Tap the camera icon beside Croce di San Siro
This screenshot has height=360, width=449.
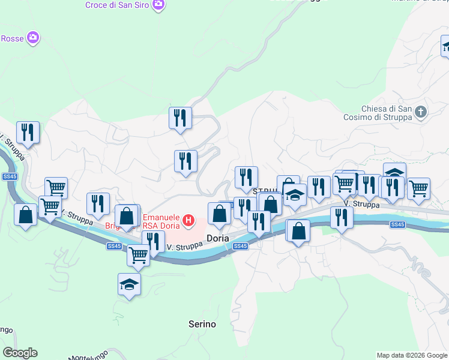pyautogui.click(x=159, y=5)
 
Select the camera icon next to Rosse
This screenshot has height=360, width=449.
pyautogui.click(x=33, y=38)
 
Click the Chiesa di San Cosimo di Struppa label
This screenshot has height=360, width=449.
pyautogui.click(x=387, y=113)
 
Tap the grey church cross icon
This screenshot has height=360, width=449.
pyautogui.click(x=421, y=112)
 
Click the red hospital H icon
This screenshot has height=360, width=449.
pyautogui.click(x=189, y=221)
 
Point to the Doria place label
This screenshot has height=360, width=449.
pyautogui.click(x=217, y=238)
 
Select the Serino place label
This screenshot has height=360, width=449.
pyautogui.click(x=202, y=324)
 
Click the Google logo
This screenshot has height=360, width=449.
pyautogui.click(x=20, y=353)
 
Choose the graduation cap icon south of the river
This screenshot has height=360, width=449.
pyautogui.click(x=129, y=284)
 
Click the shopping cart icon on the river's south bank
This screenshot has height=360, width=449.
pyautogui.click(x=139, y=254)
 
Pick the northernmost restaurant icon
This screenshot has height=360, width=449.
pyautogui.click(x=180, y=118)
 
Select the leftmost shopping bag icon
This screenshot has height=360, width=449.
pyautogui.click(x=26, y=214)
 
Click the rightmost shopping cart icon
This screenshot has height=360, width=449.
pyautogui.click(x=418, y=188)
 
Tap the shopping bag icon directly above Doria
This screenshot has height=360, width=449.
pyautogui.click(x=219, y=213)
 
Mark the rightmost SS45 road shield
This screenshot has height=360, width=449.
pyautogui.click(x=397, y=224)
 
